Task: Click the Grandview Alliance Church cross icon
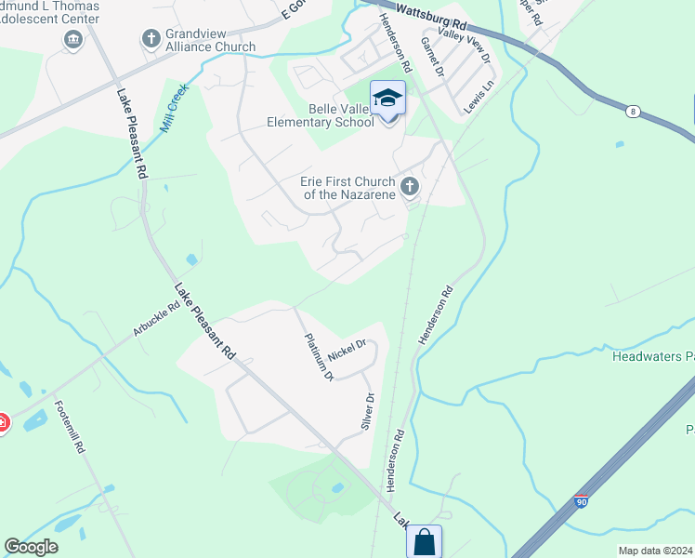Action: [x=151, y=39]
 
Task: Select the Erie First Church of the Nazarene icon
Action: [x=409, y=189]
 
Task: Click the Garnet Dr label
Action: [x=432, y=56]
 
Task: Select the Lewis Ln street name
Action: [x=479, y=97]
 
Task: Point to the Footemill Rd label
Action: [x=70, y=426]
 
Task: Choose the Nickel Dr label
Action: [x=347, y=349]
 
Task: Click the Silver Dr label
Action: [x=367, y=410]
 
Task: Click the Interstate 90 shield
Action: [x=582, y=502]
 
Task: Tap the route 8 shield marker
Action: [x=633, y=112]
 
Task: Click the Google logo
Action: [x=32, y=547]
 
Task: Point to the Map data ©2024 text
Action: [x=655, y=551]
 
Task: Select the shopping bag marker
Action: [x=424, y=542]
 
